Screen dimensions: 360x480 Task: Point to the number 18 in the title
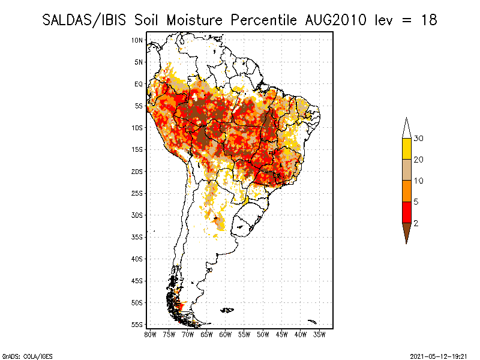428,19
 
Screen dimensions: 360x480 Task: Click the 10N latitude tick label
137,40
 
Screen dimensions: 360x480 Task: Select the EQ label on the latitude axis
138,84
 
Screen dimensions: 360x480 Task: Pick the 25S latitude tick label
137,193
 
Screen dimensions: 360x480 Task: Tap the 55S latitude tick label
137,325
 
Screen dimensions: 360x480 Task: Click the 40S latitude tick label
137,259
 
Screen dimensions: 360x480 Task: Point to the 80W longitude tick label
150,334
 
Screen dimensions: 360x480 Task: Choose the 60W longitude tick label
225,334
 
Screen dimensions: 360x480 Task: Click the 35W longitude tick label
319,334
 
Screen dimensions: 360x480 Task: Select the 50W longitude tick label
263,334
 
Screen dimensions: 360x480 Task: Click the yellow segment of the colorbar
406,149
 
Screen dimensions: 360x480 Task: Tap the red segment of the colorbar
406,212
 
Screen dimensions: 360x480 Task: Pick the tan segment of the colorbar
406,170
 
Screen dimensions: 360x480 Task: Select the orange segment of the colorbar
406,191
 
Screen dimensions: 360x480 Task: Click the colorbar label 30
419,139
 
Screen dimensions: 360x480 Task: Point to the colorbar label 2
416,223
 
